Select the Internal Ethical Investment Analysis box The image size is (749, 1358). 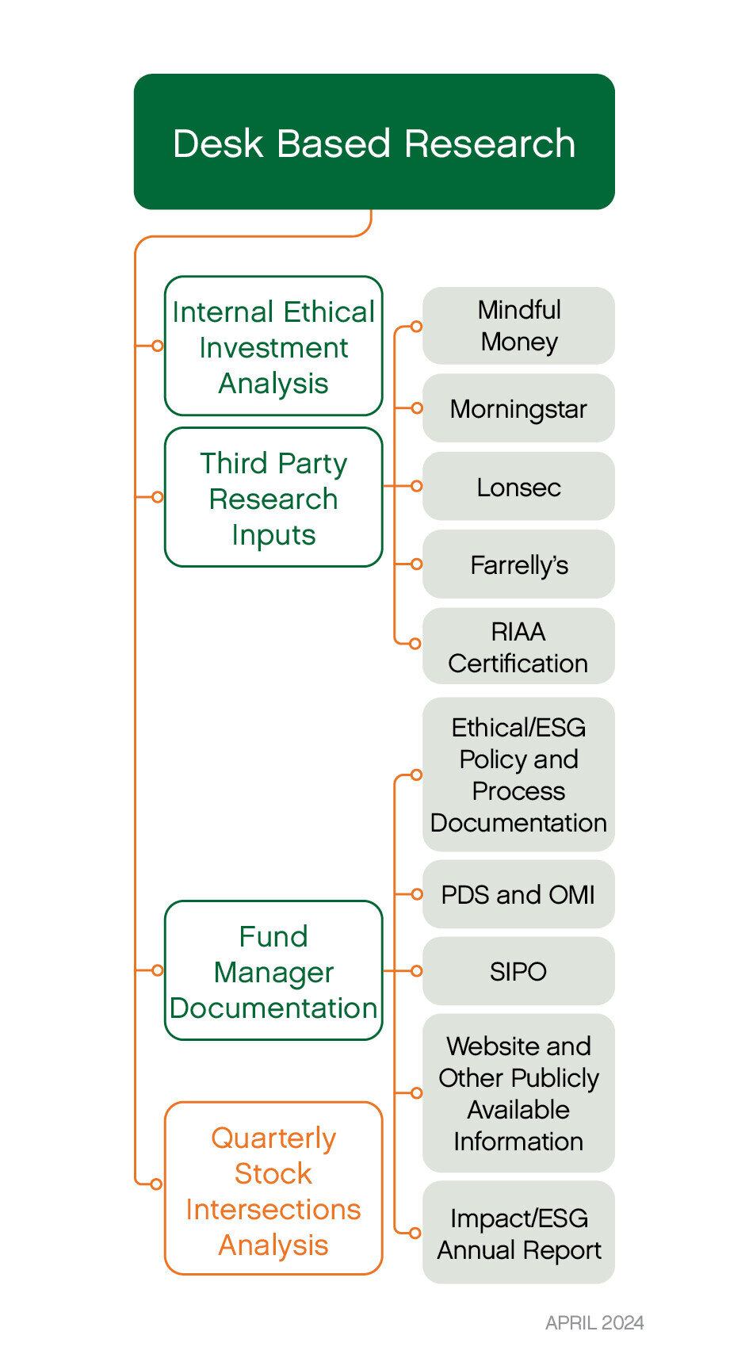pyautogui.click(x=273, y=346)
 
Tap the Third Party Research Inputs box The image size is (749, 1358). pyautogui.click(x=273, y=498)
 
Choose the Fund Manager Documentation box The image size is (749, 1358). pyautogui.click(x=273, y=970)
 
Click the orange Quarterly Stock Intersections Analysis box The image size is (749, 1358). pyautogui.click(x=273, y=1188)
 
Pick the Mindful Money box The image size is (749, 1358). pyautogui.click(x=518, y=326)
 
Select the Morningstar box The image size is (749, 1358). pyautogui.click(x=518, y=408)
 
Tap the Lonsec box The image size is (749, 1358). pyautogui.click(x=518, y=486)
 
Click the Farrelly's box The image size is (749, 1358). pyautogui.click(x=518, y=564)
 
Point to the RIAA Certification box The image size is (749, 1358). pyautogui.click(x=518, y=646)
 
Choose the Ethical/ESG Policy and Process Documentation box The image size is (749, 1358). pyautogui.click(x=518, y=775)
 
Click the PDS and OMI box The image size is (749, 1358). pyautogui.click(x=518, y=894)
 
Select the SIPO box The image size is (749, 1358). pyautogui.click(x=518, y=971)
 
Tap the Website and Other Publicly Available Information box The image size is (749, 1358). pyautogui.click(x=518, y=1093)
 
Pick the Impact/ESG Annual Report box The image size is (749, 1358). pyautogui.click(x=518, y=1233)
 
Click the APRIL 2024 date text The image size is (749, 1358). pyautogui.click(x=594, y=1322)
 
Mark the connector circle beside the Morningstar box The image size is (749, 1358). pyautogui.click(x=416, y=408)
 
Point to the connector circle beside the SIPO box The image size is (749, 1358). pyautogui.click(x=416, y=971)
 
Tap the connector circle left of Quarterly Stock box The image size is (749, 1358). pyautogui.click(x=156, y=1184)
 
